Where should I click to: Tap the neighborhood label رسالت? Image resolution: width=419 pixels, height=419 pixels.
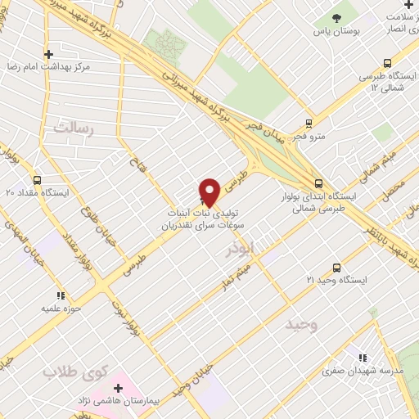74,128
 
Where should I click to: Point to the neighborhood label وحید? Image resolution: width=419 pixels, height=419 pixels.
300,325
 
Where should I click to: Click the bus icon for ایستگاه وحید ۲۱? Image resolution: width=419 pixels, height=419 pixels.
336,268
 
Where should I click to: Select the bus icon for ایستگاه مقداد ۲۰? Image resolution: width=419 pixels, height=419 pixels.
37,180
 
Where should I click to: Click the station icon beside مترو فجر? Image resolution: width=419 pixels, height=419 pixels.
309,124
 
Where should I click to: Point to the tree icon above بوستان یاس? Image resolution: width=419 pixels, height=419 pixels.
336,18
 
